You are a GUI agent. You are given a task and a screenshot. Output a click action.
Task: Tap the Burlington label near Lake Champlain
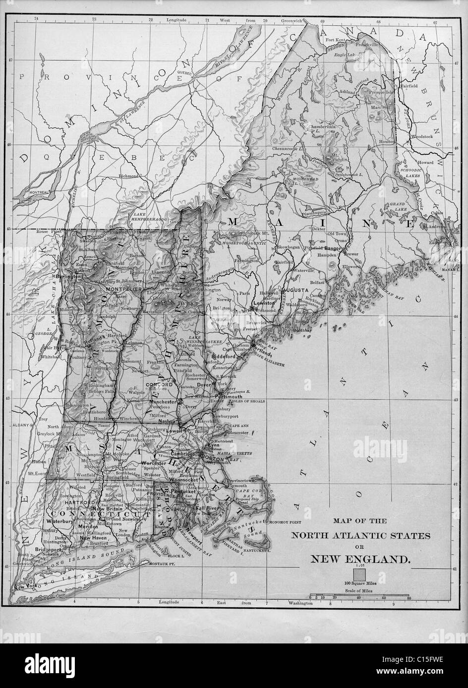(68, 277)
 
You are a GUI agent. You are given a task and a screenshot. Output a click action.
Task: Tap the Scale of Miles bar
(359, 594)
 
